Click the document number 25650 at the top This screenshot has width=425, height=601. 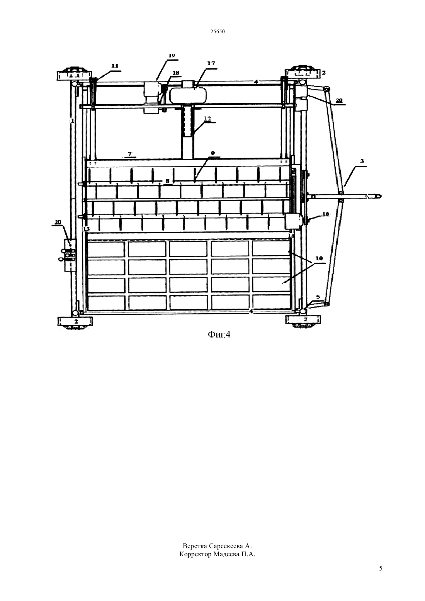(x=217, y=32)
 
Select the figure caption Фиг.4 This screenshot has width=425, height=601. (x=219, y=334)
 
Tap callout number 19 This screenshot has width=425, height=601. (x=172, y=56)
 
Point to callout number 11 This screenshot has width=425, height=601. (x=115, y=66)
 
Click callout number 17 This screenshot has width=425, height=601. (x=211, y=63)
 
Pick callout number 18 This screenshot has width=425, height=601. (x=176, y=73)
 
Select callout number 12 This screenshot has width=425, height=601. (x=208, y=118)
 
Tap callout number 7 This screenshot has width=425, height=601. (x=129, y=154)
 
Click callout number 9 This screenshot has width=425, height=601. (x=213, y=153)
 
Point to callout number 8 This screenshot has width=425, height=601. (x=167, y=181)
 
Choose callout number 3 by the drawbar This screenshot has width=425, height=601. (x=362, y=161)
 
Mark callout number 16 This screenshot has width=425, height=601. (x=325, y=214)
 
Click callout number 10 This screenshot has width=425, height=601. (x=319, y=258)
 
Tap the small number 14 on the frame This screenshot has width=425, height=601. (x=291, y=235)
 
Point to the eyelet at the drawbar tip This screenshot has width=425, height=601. (x=377, y=196)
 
